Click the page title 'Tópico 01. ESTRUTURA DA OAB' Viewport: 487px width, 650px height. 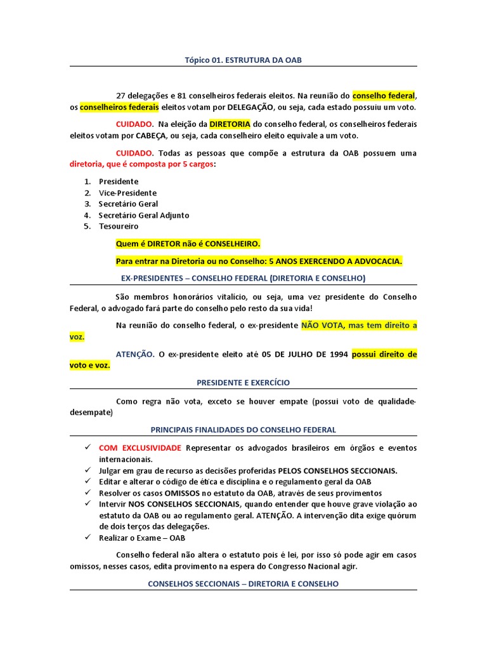(x=243, y=60)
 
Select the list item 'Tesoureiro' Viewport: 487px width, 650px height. (x=119, y=226)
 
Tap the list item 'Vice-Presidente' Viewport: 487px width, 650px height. (x=127, y=193)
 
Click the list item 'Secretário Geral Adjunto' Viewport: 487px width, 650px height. (x=144, y=215)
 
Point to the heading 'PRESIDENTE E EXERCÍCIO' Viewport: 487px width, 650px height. (x=243, y=383)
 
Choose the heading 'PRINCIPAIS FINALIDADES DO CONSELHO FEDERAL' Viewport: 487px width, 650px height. (x=243, y=430)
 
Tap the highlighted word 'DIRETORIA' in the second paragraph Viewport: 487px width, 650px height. (x=230, y=124)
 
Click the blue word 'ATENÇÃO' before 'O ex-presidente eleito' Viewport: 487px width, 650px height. (x=135, y=354)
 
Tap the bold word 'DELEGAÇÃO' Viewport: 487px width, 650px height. (x=251, y=107)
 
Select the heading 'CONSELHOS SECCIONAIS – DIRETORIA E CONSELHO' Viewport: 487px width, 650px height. (x=243, y=583)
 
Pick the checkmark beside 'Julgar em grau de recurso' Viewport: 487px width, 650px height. (x=88, y=470)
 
